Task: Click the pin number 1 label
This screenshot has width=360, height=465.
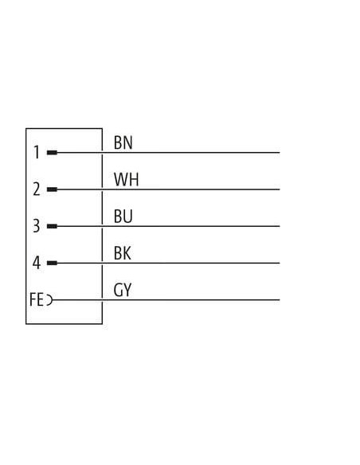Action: pyautogui.click(x=37, y=152)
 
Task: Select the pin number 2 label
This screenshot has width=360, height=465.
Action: pyautogui.click(x=37, y=190)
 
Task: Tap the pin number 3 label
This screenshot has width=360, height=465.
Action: pyautogui.click(x=36, y=225)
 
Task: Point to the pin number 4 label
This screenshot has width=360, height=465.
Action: pyautogui.click(x=36, y=263)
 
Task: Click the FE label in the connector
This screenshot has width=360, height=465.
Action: pyautogui.click(x=37, y=299)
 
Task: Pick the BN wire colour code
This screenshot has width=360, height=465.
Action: pyautogui.click(x=123, y=143)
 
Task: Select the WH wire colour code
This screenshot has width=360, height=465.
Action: pyautogui.click(x=126, y=179)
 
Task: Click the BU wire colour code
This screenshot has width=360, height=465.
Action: pyautogui.click(x=123, y=217)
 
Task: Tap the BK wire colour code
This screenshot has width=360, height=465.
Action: pyautogui.click(x=122, y=253)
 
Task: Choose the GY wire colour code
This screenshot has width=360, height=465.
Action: pyautogui.click(x=122, y=290)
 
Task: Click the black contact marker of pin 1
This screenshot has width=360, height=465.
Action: pyautogui.click(x=52, y=153)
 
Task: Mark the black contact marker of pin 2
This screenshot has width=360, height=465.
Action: pyautogui.click(x=52, y=190)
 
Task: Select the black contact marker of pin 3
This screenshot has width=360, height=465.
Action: pyautogui.click(x=52, y=226)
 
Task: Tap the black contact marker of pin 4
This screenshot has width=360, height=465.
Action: pyautogui.click(x=52, y=263)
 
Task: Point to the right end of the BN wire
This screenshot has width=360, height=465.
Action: pyautogui.click(x=280, y=153)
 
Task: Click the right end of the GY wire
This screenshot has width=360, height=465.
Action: pyautogui.click(x=280, y=300)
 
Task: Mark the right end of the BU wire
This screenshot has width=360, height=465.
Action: pyautogui.click(x=280, y=226)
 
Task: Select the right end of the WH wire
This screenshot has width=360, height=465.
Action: pyautogui.click(x=280, y=190)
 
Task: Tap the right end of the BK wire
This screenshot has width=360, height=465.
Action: pyautogui.click(x=280, y=263)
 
